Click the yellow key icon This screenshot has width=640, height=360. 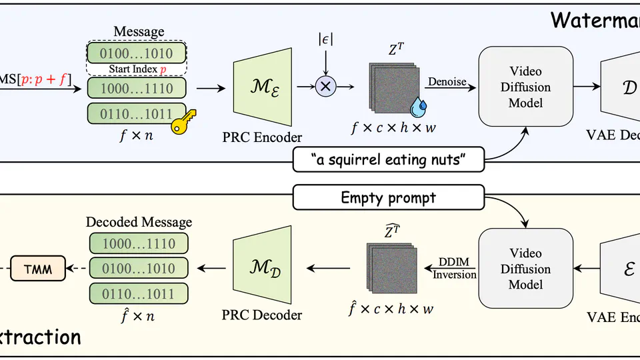[181, 125]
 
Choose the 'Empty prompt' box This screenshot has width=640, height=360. [388, 197]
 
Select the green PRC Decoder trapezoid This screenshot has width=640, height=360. [262, 267]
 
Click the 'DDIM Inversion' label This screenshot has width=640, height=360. [456, 269]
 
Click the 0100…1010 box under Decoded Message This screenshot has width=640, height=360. [139, 269]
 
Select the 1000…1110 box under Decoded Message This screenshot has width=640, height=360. [139, 244]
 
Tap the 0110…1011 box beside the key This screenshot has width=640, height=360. [136, 114]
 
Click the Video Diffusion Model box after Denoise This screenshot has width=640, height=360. [525, 87]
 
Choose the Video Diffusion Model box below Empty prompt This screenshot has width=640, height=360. [525, 269]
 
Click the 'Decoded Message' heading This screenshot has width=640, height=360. [139, 222]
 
